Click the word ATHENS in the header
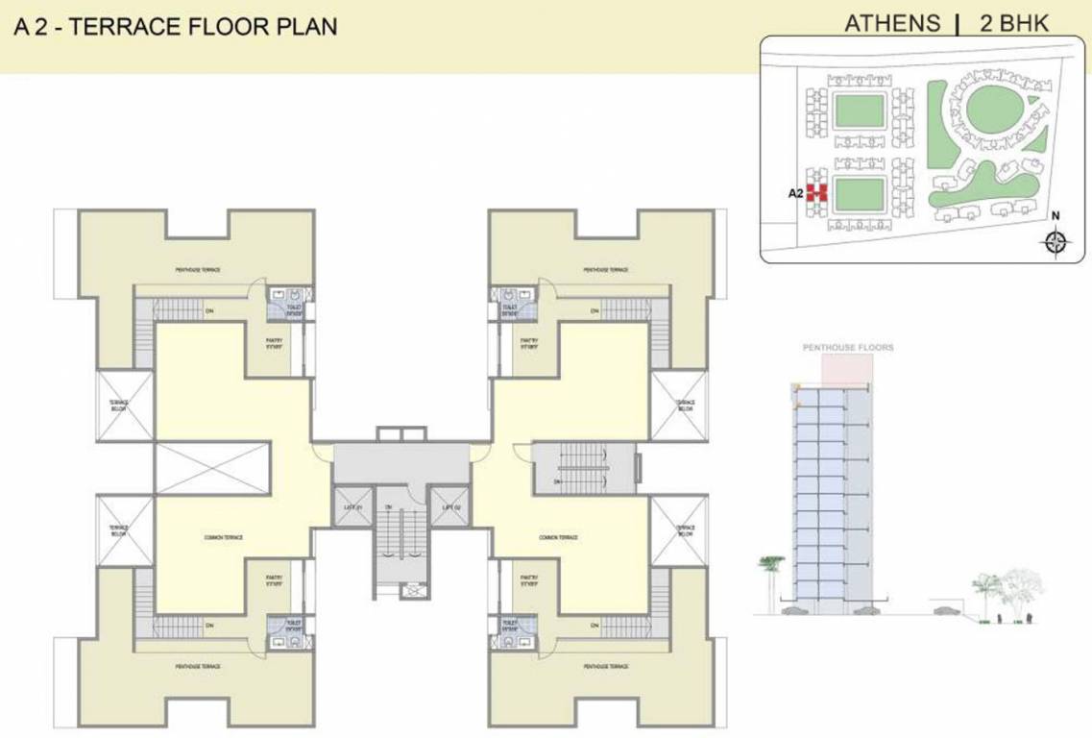[891, 24]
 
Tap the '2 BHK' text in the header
[1014, 24]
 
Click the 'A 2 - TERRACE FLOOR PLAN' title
[176, 27]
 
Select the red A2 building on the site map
[816, 192]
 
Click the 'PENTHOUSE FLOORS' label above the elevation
[848, 347]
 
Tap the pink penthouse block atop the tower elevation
[848, 369]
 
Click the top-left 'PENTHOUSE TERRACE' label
[198, 270]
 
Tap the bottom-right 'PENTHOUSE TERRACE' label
[606, 666]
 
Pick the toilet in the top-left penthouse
[284, 302]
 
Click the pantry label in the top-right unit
[528, 343]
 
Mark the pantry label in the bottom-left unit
[273, 580]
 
